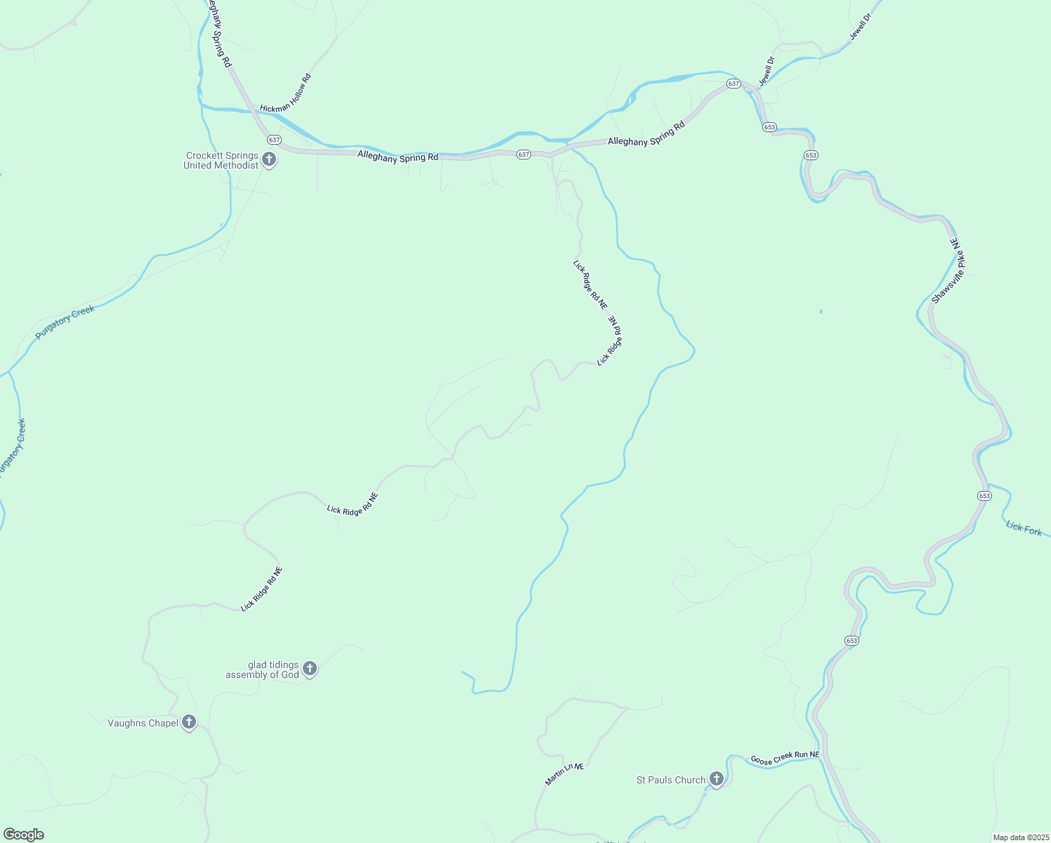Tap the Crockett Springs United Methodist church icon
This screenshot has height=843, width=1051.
268,160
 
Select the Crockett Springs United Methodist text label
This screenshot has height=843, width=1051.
221,161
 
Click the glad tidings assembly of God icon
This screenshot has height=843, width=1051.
310,669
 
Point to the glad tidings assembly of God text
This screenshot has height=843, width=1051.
262,670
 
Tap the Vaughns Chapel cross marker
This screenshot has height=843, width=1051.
188,722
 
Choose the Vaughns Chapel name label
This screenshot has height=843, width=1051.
143,723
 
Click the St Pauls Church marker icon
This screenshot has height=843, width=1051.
716,779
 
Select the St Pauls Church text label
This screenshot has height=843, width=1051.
671,780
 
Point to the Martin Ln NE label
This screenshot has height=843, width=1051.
565,774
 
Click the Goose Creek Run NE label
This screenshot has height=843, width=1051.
785,758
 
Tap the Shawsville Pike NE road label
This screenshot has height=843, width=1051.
949,271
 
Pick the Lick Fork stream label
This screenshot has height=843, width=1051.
1024,528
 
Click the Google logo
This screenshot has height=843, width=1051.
24,835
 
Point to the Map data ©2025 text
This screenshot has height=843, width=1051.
1020,837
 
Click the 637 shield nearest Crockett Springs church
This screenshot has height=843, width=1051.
274,140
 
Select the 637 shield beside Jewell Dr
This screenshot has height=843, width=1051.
733,84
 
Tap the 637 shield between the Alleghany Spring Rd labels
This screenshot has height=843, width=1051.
523,155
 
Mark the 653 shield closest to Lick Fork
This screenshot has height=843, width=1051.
984,496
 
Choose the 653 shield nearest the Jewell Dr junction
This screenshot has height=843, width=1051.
769,127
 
